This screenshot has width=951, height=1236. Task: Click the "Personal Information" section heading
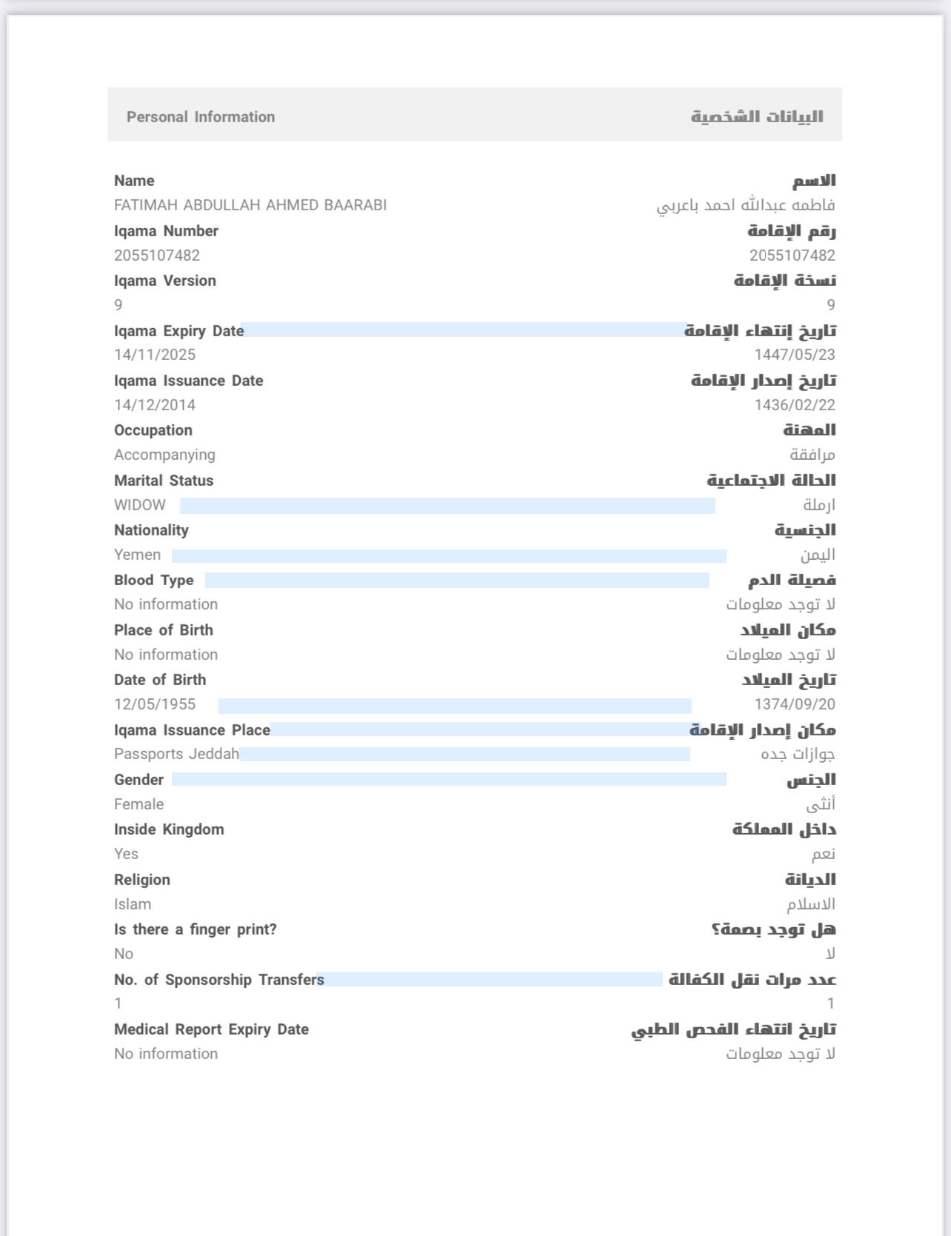(x=201, y=117)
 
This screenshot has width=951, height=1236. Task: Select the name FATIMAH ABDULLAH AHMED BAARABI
(x=250, y=205)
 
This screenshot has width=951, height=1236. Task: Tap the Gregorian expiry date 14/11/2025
(x=155, y=355)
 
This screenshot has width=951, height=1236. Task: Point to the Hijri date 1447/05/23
(x=794, y=355)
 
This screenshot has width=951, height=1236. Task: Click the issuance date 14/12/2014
(x=155, y=405)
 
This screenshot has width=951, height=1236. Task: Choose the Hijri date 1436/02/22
(x=794, y=405)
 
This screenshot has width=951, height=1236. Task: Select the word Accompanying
(x=164, y=455)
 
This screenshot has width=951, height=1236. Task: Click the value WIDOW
(x=140, y=505)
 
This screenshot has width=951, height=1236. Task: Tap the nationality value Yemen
(x=137, y=555)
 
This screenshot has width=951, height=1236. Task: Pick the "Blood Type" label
(x=154, y=581)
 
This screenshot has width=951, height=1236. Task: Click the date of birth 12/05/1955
(x=155, y=704)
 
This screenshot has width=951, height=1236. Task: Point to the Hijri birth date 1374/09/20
(x=794, y=704)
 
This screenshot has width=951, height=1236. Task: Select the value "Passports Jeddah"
(x=176, y=754)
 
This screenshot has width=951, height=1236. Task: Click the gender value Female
(x=139, y=804)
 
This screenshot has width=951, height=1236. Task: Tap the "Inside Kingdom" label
(x=169, y=829)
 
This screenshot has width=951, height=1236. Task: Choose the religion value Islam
(x=133, y=904)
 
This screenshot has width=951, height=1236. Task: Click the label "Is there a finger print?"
(x=196, y=929)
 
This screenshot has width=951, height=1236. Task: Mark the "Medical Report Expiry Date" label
(x=211, y=1029)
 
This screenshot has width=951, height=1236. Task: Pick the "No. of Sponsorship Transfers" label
(x=219, y=980)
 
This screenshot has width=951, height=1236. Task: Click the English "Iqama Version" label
(x=165, y=281)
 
